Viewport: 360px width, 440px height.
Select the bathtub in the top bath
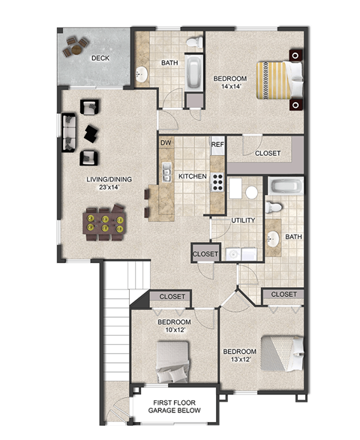194,73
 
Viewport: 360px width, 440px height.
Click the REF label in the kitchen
217,144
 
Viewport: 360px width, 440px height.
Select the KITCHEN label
192,176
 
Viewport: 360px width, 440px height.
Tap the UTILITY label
244,220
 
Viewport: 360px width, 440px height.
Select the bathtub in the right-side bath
284,187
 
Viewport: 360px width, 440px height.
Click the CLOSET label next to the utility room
205,254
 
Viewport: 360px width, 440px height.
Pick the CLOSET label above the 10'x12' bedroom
172,297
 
